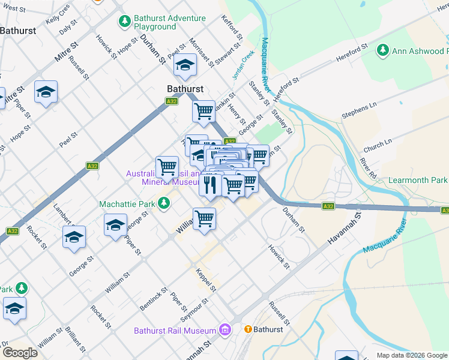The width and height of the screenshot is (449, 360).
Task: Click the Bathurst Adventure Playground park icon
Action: click(x=124, y=22)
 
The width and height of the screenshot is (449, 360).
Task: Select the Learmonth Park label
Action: click(x=418, y=180)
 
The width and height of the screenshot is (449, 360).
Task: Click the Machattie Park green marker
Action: click(x=163, y=205)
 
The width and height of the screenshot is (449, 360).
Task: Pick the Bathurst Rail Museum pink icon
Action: click(x=225, y=330)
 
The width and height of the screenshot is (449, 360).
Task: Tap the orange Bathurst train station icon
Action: click(x=247, y=329)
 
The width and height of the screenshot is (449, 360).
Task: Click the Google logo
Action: click(x=19, y=352)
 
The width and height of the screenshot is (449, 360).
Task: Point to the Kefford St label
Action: click(x=231, y=28)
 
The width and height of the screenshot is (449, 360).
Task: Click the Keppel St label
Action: click(x=206, y=281)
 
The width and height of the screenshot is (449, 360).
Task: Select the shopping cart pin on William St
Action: click(x=204, y=218)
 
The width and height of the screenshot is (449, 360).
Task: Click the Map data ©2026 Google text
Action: click(x=411, y=355)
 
